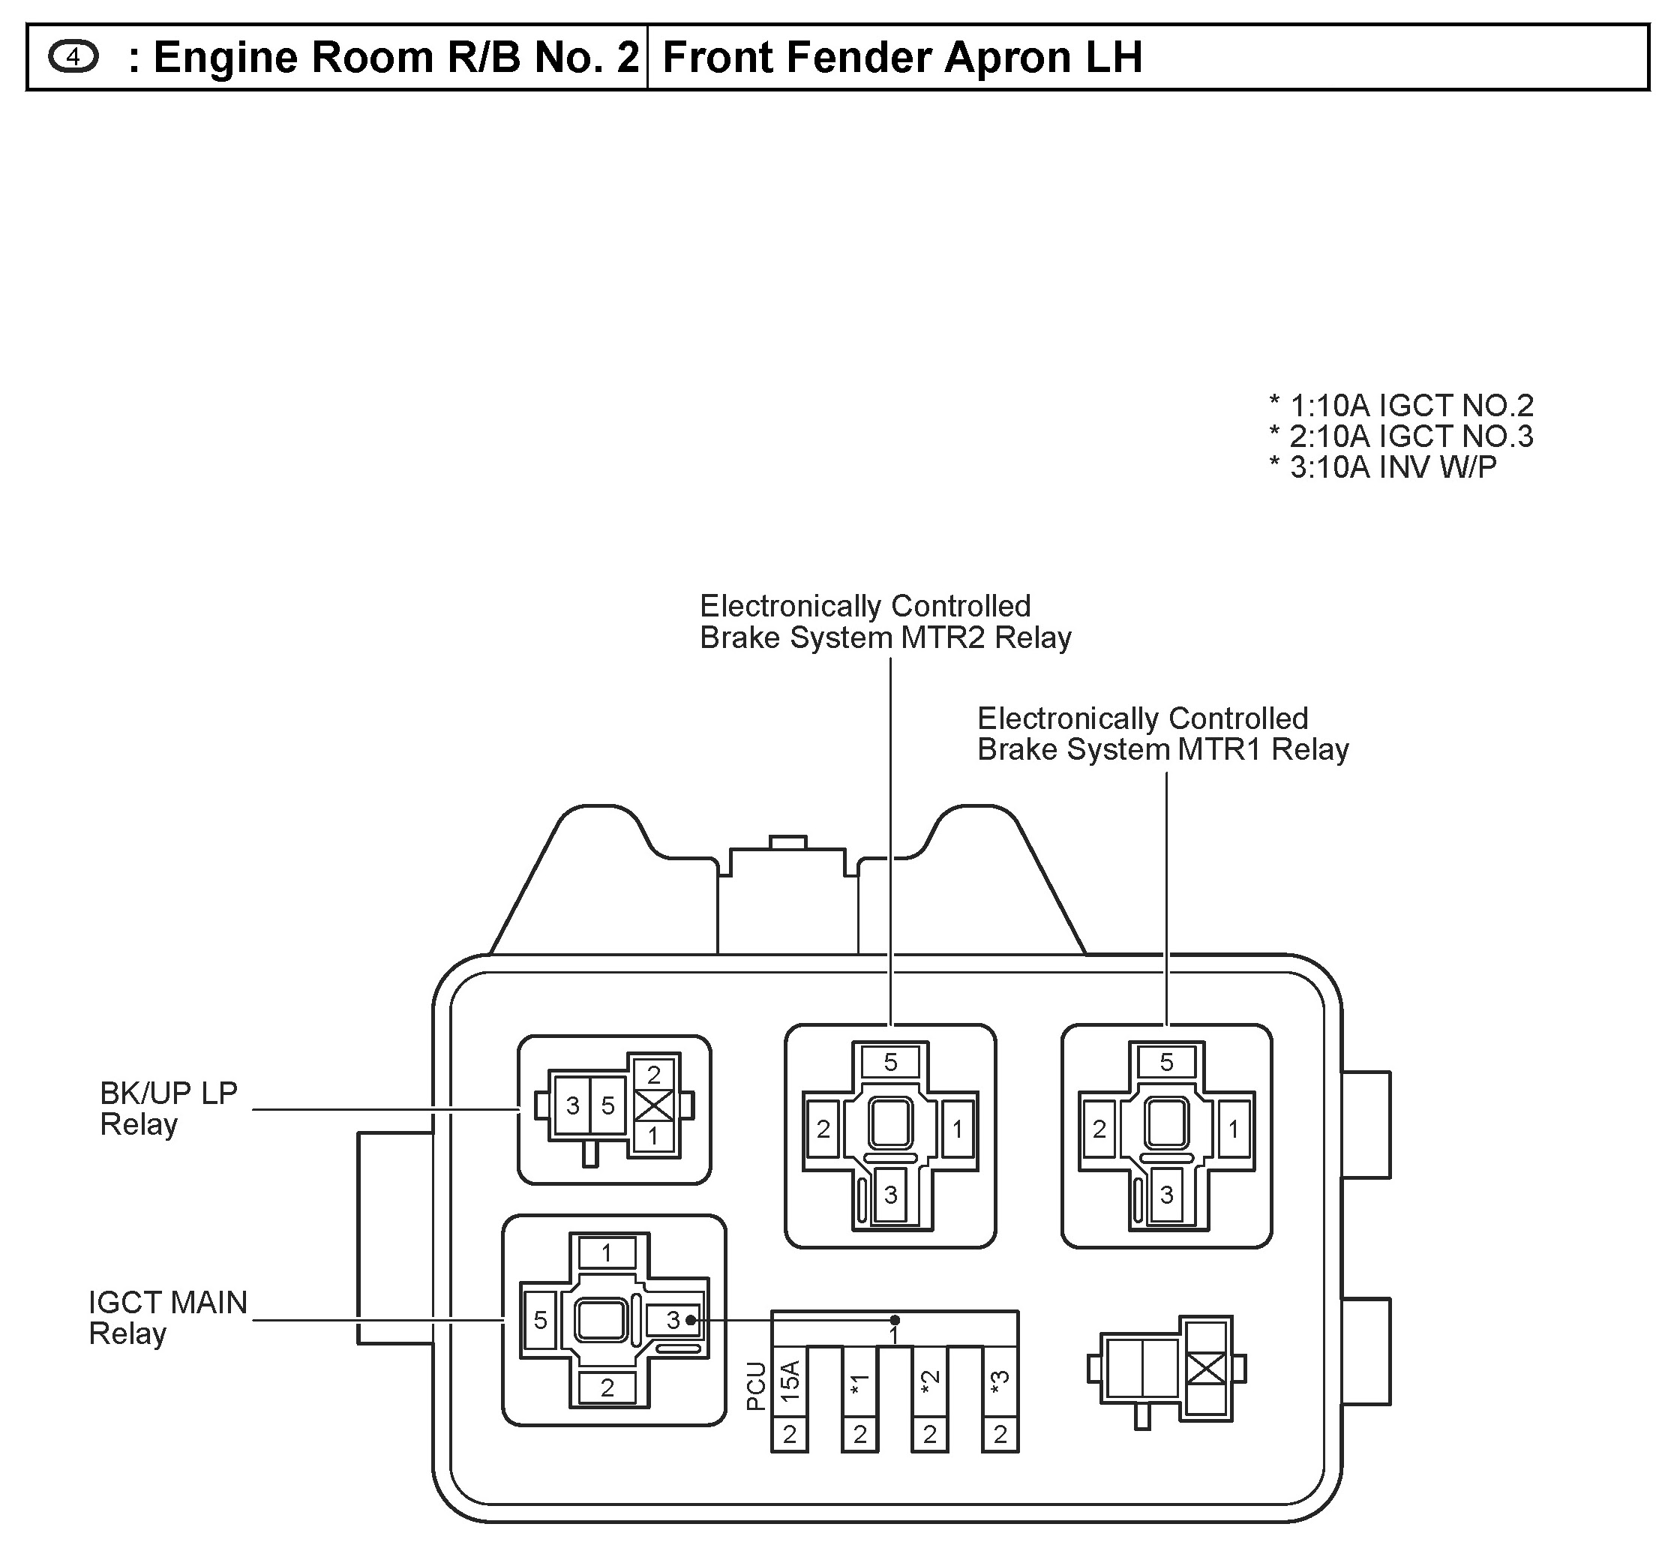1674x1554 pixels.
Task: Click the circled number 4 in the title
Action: (x=74, y=57)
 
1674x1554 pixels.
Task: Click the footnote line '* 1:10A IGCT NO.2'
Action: (x=1401, y=406)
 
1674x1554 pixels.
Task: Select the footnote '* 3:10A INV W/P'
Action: (x=1382, y=467)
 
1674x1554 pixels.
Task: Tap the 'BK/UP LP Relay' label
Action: (x=168, y=1108)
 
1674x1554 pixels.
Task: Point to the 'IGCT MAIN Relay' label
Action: (x=168, y=1318)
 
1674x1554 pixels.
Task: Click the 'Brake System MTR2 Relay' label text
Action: (x=885, y=638)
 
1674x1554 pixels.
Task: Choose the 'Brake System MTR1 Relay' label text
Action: (x=1162, y=749)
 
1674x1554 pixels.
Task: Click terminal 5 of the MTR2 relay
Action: (x=890, y=1062)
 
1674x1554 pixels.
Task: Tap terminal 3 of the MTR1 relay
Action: (x=1166, y=1195)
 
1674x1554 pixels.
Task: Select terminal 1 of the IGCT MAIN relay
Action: (x=607, y=1254)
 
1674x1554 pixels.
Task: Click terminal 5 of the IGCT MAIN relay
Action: (x=541, y=1320)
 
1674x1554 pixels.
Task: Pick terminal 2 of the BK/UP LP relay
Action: (x=654, y=1074)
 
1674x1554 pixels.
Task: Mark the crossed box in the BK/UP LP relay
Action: (x=654, y=1105)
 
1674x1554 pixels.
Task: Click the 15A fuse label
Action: (x=790, y=1381)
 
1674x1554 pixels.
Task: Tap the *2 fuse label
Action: (x=930, y=1381)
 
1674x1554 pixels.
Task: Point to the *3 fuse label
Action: (x=1000, y=1381)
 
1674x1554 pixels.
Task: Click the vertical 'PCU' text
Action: (x=756, y=1386)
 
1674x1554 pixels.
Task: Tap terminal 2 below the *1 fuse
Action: (x=860, y=1435)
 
